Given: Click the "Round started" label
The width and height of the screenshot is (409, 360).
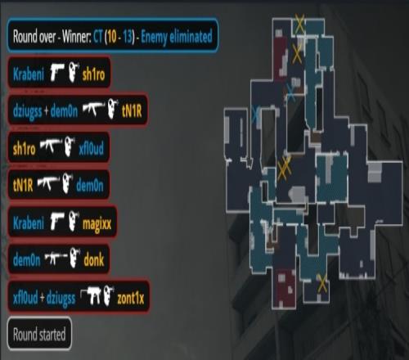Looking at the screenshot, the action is (x=39, y=334).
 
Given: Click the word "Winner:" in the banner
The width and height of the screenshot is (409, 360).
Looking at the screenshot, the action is (x=76, y=36).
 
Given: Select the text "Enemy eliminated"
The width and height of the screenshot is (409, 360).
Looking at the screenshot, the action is (x=177, y=36).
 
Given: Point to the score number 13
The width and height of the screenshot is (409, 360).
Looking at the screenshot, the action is (x=128, y=36).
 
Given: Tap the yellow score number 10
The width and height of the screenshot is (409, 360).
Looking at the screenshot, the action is (x=112, y=36).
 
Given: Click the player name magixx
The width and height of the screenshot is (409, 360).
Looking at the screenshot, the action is (x=97, y=223).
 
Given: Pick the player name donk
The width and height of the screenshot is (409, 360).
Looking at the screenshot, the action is (x=94, y=260).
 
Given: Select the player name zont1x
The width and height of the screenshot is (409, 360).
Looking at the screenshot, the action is (x=130, y=298).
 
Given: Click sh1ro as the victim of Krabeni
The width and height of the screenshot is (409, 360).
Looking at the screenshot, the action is (x=93, y=74).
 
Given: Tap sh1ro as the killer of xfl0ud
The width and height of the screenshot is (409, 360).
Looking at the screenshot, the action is (x=25, y=149).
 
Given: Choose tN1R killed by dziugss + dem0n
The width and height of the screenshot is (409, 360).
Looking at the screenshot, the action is (x=132, y=110).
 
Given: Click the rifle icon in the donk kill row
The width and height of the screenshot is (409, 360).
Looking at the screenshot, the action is (x=56, y=258).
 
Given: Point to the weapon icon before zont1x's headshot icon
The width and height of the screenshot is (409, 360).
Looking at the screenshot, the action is (x=90, y=296).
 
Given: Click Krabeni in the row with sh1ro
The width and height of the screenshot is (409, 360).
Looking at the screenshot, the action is (x=29, y=74).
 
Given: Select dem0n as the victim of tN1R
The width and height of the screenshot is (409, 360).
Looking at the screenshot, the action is (x=90, y=186).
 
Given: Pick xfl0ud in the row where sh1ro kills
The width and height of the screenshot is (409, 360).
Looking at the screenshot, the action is (x=91, y=149).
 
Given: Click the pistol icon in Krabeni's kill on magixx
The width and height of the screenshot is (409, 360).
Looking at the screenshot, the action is (x=57, y=221).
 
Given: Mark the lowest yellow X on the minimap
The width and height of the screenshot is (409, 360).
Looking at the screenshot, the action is (x=322, y=283).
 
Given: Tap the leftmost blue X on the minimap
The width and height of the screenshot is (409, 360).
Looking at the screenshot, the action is (x=255, y=115).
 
